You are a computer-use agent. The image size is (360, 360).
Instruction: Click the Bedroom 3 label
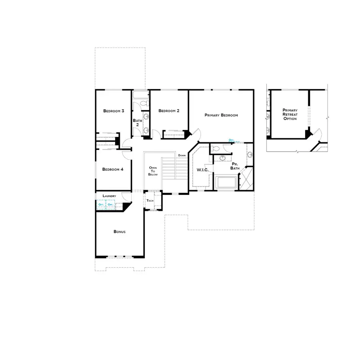(x=114, y=111)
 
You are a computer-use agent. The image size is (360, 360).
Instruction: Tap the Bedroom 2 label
(x=169, y=111)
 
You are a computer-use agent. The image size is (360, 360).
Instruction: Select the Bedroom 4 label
(x=113, y=169)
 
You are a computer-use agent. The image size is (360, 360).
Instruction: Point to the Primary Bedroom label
(x=221, y=115)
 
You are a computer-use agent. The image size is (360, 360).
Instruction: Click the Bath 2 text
(x=137, y=122)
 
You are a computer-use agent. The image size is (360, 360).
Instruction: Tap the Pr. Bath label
(x=235, y=166)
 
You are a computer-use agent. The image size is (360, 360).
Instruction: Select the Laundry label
(x=109, y=196)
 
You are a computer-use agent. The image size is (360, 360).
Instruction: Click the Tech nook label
(x=150, y=200)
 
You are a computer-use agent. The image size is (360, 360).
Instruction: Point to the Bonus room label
(x=120, y=232)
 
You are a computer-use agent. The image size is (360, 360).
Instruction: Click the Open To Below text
(x=153, y=171)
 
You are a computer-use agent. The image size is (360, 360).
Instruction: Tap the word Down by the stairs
(x=182, y=155)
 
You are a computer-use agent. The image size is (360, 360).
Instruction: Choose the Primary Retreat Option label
(x=290, y=114)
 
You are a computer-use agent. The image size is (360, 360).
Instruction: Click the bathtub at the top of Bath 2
(x=140, y=96)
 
